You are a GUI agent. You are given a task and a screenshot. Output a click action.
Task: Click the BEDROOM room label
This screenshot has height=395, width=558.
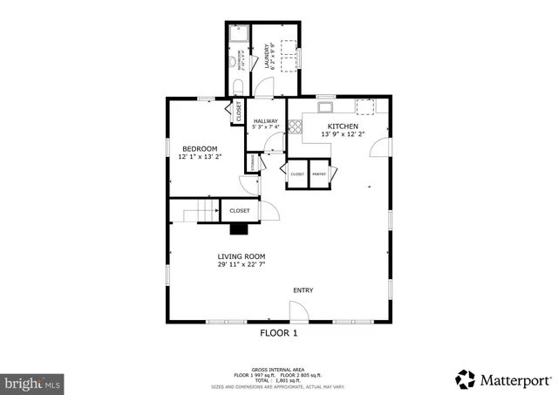point(200,148)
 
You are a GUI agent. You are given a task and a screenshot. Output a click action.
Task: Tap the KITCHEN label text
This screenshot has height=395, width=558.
point(342,126)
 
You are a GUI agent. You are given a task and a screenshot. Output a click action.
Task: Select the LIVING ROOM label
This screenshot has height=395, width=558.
point(241,256)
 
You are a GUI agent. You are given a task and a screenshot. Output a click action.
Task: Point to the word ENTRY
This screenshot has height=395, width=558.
point(303,290)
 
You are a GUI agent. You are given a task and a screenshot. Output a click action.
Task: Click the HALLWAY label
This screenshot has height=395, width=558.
point(266,121)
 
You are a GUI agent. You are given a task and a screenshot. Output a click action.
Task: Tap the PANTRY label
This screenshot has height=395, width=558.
point(319,174)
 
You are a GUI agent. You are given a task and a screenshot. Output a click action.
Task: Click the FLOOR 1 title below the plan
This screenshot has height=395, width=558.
point(279,333)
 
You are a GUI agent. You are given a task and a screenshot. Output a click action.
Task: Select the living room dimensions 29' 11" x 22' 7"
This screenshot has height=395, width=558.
point(241,265)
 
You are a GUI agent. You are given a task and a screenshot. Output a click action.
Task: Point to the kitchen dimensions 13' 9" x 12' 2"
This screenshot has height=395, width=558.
point(342,134)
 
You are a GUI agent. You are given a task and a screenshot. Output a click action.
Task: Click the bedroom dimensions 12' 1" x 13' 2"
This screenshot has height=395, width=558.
point(200,157)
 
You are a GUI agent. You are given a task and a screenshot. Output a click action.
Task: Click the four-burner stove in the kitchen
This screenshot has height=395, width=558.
point(295,126)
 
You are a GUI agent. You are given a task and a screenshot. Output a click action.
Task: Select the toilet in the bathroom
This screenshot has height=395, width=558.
point(238,85)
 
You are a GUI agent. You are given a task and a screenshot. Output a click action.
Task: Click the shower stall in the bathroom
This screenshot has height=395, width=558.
point(239,34)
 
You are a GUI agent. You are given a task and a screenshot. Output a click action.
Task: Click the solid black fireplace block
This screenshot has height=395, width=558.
point(239,230)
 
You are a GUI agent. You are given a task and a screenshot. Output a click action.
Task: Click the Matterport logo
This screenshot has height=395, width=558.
point(504,379)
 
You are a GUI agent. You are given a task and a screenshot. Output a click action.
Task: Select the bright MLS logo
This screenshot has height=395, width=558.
point(32,382)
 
